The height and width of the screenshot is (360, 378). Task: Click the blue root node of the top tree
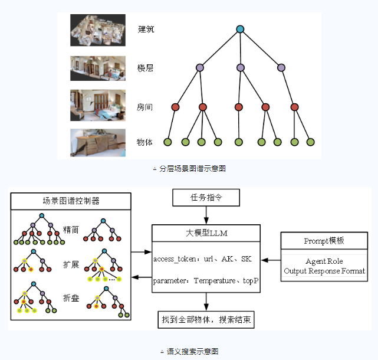pos(240,29)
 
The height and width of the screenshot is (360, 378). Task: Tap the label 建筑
pos(146,29)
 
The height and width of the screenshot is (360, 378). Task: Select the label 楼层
pos(146,68)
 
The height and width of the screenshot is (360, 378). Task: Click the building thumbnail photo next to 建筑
pos(98,29)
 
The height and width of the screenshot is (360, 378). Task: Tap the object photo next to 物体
pos(98,142)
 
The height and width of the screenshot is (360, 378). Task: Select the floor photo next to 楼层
pos(98,68)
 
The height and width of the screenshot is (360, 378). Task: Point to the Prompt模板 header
pos(324,241)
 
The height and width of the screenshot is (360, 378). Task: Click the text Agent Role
pos(324,261)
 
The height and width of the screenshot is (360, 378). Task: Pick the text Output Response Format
pos(324,271)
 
